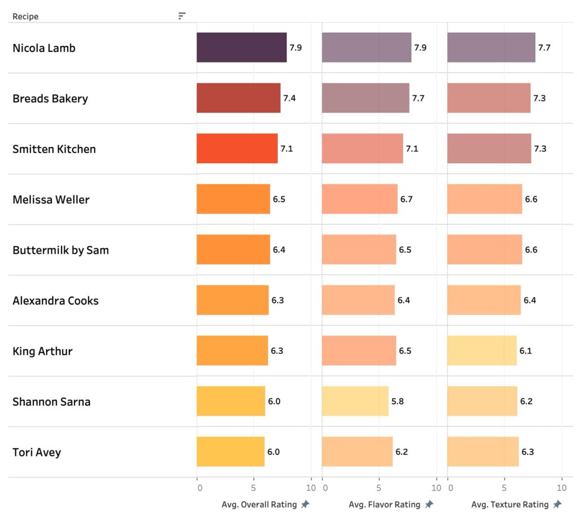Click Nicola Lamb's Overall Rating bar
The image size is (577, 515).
coord(241,47)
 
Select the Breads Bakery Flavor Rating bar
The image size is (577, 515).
coord(365,98)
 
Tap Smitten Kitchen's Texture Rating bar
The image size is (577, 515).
coord(489,149)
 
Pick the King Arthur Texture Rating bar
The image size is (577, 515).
coord(481,351)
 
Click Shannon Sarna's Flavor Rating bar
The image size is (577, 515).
coord(355,401)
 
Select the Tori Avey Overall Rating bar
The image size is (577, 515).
coord(230,451)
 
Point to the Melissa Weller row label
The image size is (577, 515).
coord(51,199)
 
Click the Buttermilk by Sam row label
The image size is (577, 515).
coord(60,250)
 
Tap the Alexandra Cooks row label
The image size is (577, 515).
coord(55,301)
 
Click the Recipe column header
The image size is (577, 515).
coord(25,16)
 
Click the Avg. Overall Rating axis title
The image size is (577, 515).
coord(259,504)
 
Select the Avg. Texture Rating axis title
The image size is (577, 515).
coord(509,504)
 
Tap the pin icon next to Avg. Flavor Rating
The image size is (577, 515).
coord(429,504)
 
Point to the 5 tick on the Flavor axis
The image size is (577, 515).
coord(379,488)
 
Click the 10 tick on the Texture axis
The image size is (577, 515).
coord(561,488)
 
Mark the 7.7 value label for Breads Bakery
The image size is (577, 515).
coord(418,98)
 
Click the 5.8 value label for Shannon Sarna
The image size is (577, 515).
coord(397,401)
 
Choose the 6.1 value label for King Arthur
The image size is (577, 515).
coord(525,351)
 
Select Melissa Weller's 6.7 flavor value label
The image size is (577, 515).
coord(406,199)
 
